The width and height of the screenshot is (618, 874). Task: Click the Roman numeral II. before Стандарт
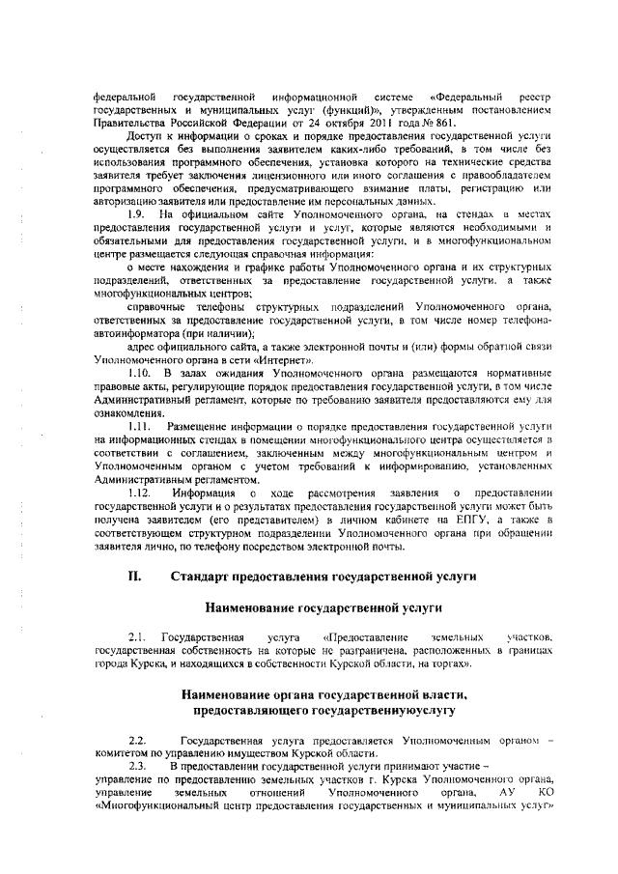[135, 577]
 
